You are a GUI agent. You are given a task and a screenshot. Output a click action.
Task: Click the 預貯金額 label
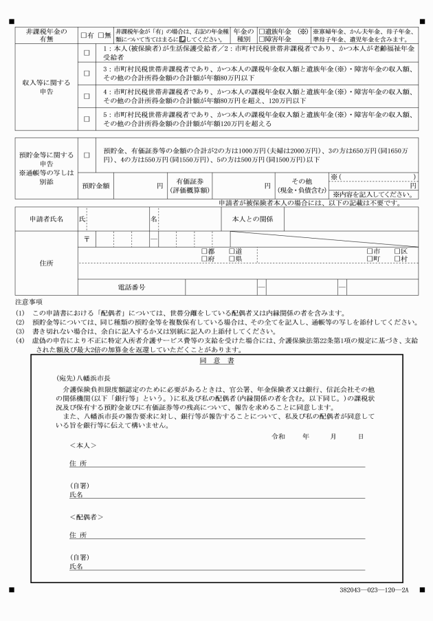click(x=96, y=186)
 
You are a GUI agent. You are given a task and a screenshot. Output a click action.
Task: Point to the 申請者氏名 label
click(x=46, y=219)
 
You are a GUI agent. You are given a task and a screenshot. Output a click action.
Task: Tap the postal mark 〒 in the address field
click(x=87, y=240)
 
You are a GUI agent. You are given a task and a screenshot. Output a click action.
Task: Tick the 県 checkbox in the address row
click(x=232, y=259)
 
